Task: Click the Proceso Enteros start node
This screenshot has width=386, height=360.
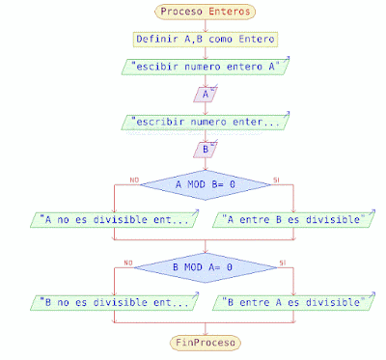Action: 205,12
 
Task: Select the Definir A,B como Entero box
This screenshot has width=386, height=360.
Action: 205,40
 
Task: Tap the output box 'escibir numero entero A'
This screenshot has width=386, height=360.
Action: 205,68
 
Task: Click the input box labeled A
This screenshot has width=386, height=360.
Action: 205,95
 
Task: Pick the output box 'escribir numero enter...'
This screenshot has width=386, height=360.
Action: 205,123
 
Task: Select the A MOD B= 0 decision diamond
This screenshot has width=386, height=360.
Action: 205,183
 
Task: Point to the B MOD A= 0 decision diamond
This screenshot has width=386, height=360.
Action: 205,266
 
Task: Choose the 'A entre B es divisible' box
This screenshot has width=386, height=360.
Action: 291,219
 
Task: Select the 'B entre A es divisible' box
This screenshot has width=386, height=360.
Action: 291,302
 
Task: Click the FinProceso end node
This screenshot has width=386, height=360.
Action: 205,342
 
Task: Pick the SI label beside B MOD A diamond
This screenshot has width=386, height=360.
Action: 281,262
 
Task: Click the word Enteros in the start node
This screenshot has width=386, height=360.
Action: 229,12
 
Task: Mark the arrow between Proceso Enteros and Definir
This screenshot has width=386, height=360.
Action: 205,25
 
